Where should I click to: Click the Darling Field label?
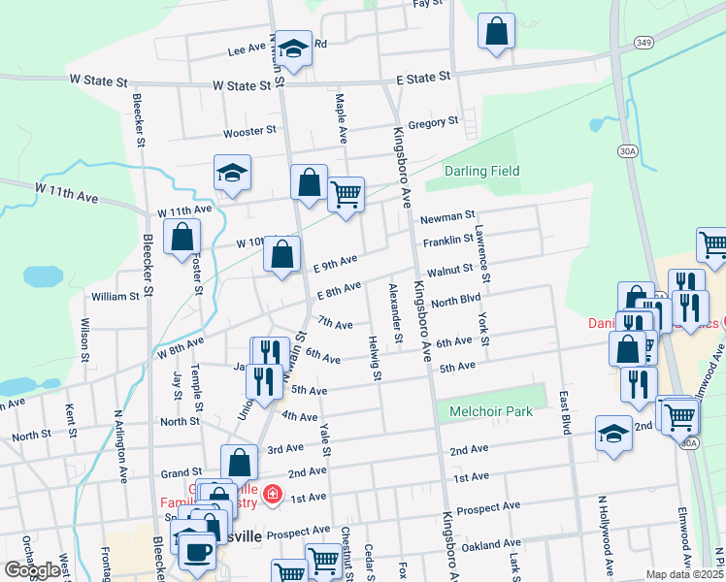click(x=482, y=172)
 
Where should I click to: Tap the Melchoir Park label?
click(x=491, y=411)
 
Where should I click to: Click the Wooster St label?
click(x=245, y=132)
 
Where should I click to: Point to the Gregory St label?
click(x=433, y=122)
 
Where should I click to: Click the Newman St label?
click(x=447, y=215)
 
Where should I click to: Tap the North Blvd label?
click(x=456, y=300)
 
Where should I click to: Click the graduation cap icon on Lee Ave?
click(x=292, y=48)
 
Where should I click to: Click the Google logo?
click(x=31, y=570)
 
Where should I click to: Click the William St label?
click(x=115, y=296)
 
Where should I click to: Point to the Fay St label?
click(x=427, y=4)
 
